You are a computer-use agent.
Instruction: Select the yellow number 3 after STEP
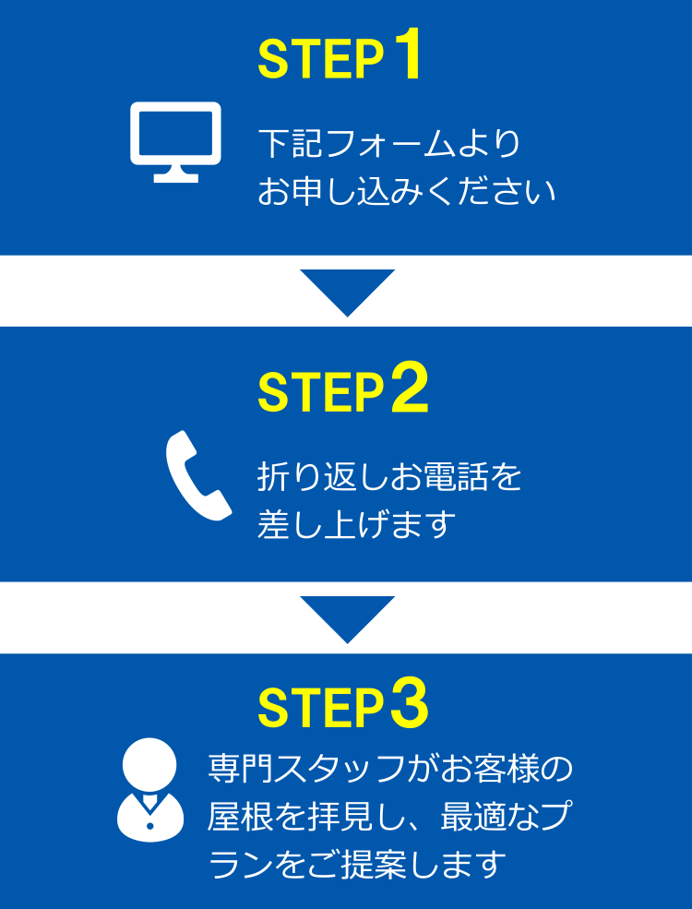(410, 706)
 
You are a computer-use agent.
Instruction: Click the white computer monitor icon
(175, 142)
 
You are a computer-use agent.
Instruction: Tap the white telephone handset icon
(198, 475)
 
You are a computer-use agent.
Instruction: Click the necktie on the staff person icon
(149, 804)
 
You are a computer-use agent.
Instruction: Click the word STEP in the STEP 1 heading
(321, 60)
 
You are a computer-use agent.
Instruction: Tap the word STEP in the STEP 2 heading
(321, 392)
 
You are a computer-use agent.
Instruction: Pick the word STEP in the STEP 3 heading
(321, 709)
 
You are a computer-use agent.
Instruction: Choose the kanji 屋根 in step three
(239, 816)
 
